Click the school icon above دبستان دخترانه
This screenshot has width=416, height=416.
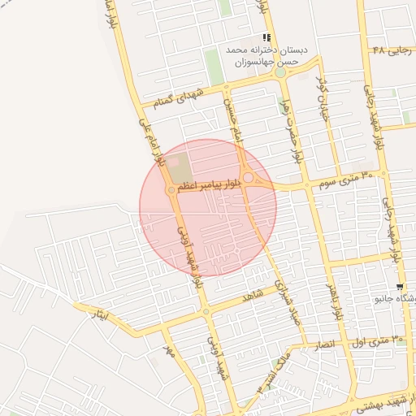266,37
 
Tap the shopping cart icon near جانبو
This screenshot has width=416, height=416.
400,288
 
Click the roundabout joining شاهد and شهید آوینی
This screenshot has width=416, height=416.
206,311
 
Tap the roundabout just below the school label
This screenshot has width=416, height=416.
280,72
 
